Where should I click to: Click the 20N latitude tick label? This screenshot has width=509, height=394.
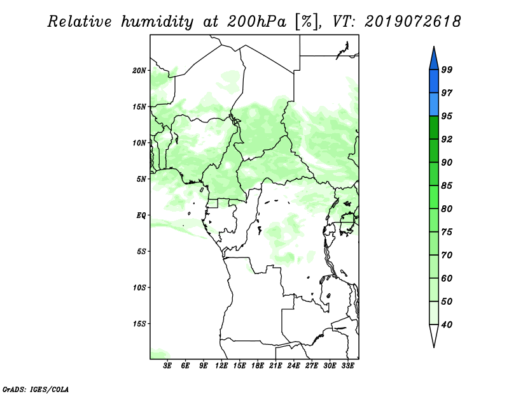[x=139, y=71]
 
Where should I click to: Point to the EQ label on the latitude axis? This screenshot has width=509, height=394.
[x=141, y=215]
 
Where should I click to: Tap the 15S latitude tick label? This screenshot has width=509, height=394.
[x=139, y=324]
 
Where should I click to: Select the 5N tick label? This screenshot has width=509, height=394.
[x=141, y=179]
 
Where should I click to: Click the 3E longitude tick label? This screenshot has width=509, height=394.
[x=167, y=365]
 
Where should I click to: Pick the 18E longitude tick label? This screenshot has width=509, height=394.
[x=258, y=365]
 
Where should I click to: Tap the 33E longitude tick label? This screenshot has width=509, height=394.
[x=347, y=365]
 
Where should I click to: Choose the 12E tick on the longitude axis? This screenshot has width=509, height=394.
[x=221, y=365]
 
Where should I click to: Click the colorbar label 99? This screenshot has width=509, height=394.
[x=447, y=69]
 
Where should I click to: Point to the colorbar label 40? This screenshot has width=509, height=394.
[x=447, y=325]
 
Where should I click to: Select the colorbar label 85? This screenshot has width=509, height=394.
[x=447, y=186]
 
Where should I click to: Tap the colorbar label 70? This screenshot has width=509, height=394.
[x=447, y=255]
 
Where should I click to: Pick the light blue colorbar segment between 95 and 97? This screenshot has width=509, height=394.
[x=434, y=105]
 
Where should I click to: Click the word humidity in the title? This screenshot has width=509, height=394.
[x=157, y=22]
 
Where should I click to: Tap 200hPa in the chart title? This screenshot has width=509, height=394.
[x=257, y=22]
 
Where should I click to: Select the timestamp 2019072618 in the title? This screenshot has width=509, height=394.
[x=412, y=22]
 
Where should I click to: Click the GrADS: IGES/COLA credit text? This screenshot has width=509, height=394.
[x=36, y=389]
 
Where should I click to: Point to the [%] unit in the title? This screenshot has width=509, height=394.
[x=307, y=22]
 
